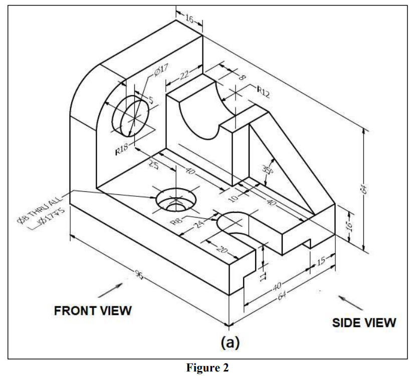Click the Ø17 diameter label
(x=161, y=74)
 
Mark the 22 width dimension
(x=184, y=75)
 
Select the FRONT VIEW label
(x=93, y=310)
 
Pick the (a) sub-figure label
(x=231, y=342)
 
